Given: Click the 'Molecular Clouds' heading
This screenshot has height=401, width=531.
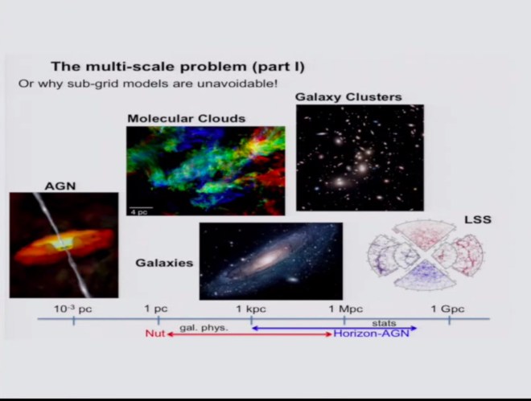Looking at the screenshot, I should [186, 119].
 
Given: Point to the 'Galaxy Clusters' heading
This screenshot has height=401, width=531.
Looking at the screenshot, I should [348, 97].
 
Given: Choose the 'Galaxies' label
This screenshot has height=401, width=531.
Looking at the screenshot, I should [164, 262].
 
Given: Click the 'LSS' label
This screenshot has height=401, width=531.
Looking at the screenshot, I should [478, 219].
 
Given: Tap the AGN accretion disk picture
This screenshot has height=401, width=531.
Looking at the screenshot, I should [64, 245].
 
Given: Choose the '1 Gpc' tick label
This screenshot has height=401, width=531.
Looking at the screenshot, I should [447, 309].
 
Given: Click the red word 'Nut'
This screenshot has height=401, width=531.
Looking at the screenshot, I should [154, 333].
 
